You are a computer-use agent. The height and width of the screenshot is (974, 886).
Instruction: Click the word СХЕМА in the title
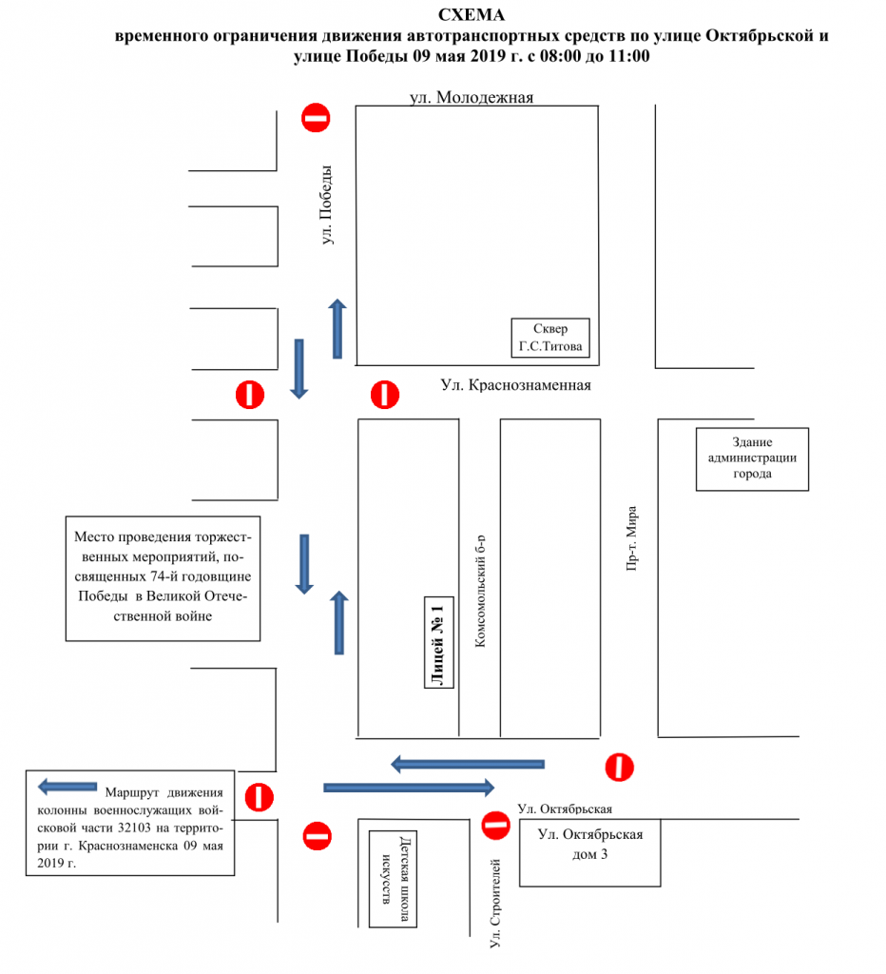click(x=472, y=15)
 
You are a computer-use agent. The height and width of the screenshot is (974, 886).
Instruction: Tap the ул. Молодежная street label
click(x=472, y=97)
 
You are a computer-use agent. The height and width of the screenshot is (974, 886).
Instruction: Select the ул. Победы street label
click(x=328, y=205)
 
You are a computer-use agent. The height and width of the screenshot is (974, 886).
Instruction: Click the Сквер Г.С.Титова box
click(x=550, y=338)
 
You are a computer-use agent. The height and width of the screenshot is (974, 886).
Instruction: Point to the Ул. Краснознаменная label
click(x=516, y=385)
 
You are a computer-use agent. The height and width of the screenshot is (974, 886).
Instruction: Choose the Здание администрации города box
click(x=752, y=458)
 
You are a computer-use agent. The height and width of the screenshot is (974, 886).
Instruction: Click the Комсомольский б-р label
click(x=480, y=590)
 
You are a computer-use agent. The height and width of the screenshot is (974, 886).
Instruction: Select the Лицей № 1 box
click(x=438, y=643)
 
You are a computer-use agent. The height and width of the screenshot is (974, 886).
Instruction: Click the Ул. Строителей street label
click(x=495, y=903)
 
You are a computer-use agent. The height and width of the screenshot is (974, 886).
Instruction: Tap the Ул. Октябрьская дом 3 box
click(x=590, y=845)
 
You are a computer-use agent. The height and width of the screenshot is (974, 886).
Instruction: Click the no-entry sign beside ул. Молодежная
click(x=316, y=118)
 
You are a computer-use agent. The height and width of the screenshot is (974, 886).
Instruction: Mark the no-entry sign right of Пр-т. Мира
click(x=620, y=767)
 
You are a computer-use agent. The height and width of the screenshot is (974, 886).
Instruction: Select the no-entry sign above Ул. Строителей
click(x=495, y=826)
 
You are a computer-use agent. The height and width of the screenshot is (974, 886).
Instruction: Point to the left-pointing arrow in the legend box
click(x=67, y=787)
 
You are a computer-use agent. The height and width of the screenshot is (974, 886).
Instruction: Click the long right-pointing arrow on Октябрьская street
click(x=410, y=787)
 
